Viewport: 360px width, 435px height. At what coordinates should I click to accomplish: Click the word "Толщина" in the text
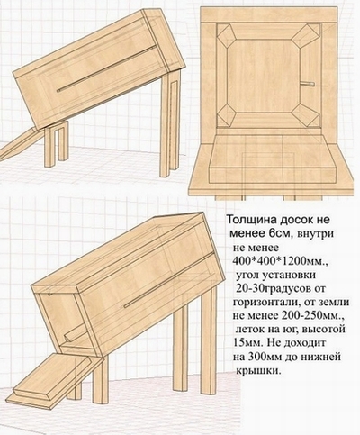point(251,220)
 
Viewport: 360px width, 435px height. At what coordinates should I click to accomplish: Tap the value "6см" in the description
point(280,233)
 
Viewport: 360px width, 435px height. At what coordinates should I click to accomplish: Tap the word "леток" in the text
point(252,330)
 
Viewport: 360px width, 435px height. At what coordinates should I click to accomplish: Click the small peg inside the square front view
point(307,84)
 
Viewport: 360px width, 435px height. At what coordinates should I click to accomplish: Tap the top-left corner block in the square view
point(225,34)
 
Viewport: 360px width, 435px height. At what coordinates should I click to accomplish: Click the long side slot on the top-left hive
point(107,68)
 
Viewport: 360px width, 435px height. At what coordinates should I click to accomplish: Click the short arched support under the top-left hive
point(57,143)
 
